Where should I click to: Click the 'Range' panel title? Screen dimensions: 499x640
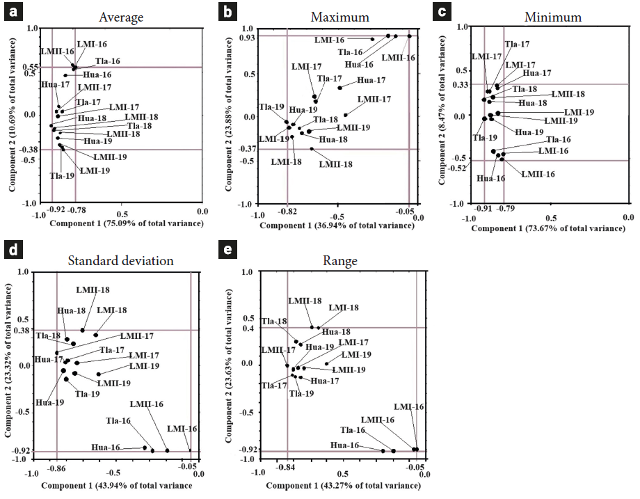[x=340, y=261]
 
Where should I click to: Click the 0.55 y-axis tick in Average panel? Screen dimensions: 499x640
[x=33, y=67]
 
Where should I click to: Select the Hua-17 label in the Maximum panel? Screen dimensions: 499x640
[x=371, y=80]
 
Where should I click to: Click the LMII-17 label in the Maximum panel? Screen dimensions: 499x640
[x=374, y=100]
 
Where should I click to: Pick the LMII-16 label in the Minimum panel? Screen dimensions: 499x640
[x=538, y=173]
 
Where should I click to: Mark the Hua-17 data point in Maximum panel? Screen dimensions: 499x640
[x=339, y=88]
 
